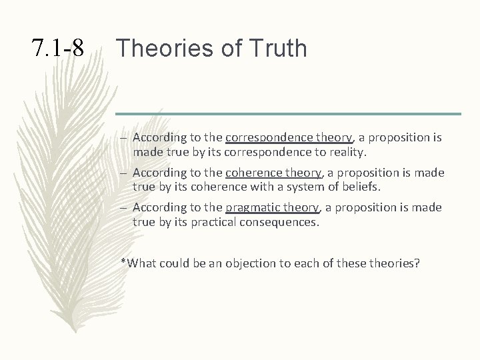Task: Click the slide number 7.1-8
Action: (x=58, y=48)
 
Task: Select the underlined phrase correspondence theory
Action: (x=289, y=138)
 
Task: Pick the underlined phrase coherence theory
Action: (x=274, y=173)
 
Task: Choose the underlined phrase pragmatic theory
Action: (x=273, y=207)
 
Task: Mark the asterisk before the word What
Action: (x=123, y=261)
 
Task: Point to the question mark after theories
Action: (x=417, y=263)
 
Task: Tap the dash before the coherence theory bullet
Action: (x=125, y=173)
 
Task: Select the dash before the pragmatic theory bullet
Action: (x=125, y=208)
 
